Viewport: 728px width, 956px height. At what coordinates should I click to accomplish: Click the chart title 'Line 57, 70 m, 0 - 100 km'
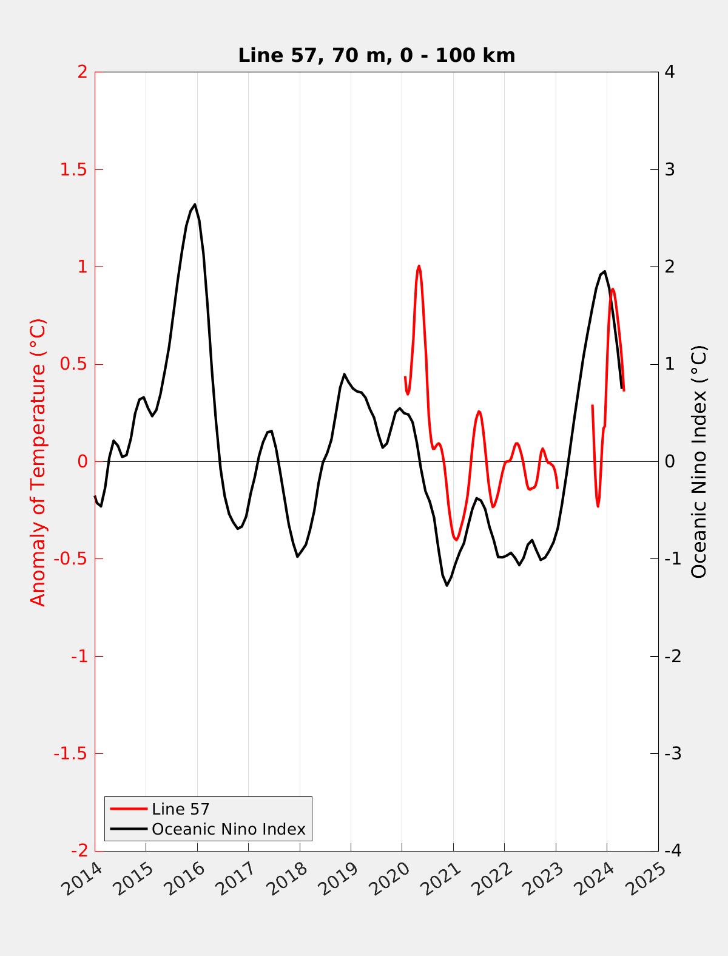376,55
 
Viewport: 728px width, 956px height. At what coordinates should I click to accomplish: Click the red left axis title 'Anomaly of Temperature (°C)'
38,462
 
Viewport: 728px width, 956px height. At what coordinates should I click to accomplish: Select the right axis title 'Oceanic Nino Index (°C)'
699,462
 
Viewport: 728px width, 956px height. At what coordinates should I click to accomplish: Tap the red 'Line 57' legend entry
180,809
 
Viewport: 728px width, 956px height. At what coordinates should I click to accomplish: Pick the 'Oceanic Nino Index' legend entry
228,829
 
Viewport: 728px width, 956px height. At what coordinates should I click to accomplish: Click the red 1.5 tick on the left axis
73,169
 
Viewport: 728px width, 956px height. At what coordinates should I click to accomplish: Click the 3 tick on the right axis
670,169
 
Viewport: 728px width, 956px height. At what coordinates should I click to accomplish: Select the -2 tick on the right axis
673,656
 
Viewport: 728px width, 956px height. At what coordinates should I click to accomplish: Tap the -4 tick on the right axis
673,851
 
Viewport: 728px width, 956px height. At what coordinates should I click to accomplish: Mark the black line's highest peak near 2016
195,205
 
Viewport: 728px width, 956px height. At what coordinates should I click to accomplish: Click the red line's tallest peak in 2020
419,266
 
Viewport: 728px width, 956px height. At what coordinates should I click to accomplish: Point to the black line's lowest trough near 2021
447,586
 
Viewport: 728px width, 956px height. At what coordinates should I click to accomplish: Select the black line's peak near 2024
604,271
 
